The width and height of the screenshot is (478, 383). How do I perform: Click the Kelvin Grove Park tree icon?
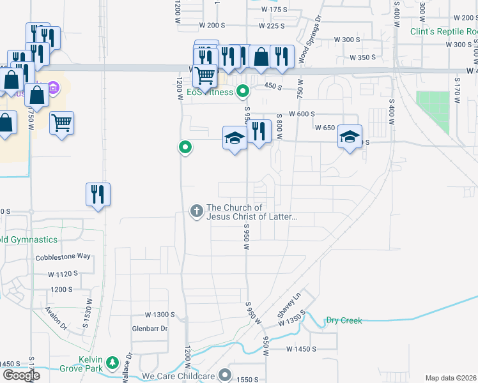[x=112, y=363]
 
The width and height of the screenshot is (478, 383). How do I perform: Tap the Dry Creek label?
[x=344, y=320]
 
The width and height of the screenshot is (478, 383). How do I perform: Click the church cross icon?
[x=197, y=210]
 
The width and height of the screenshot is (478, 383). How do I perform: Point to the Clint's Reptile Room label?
[x=443, y=31]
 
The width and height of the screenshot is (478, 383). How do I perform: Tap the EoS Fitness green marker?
[x=242, y=92]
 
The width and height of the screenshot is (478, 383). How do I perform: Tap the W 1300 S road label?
[x=160, y=315]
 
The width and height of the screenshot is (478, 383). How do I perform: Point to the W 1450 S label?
[x=302, y=349]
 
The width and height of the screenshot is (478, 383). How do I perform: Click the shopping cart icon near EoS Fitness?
[x=204, y=76]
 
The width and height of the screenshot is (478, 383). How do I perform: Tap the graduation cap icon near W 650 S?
[x=350, y=137]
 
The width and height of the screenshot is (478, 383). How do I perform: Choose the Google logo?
[x=21, y=375]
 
